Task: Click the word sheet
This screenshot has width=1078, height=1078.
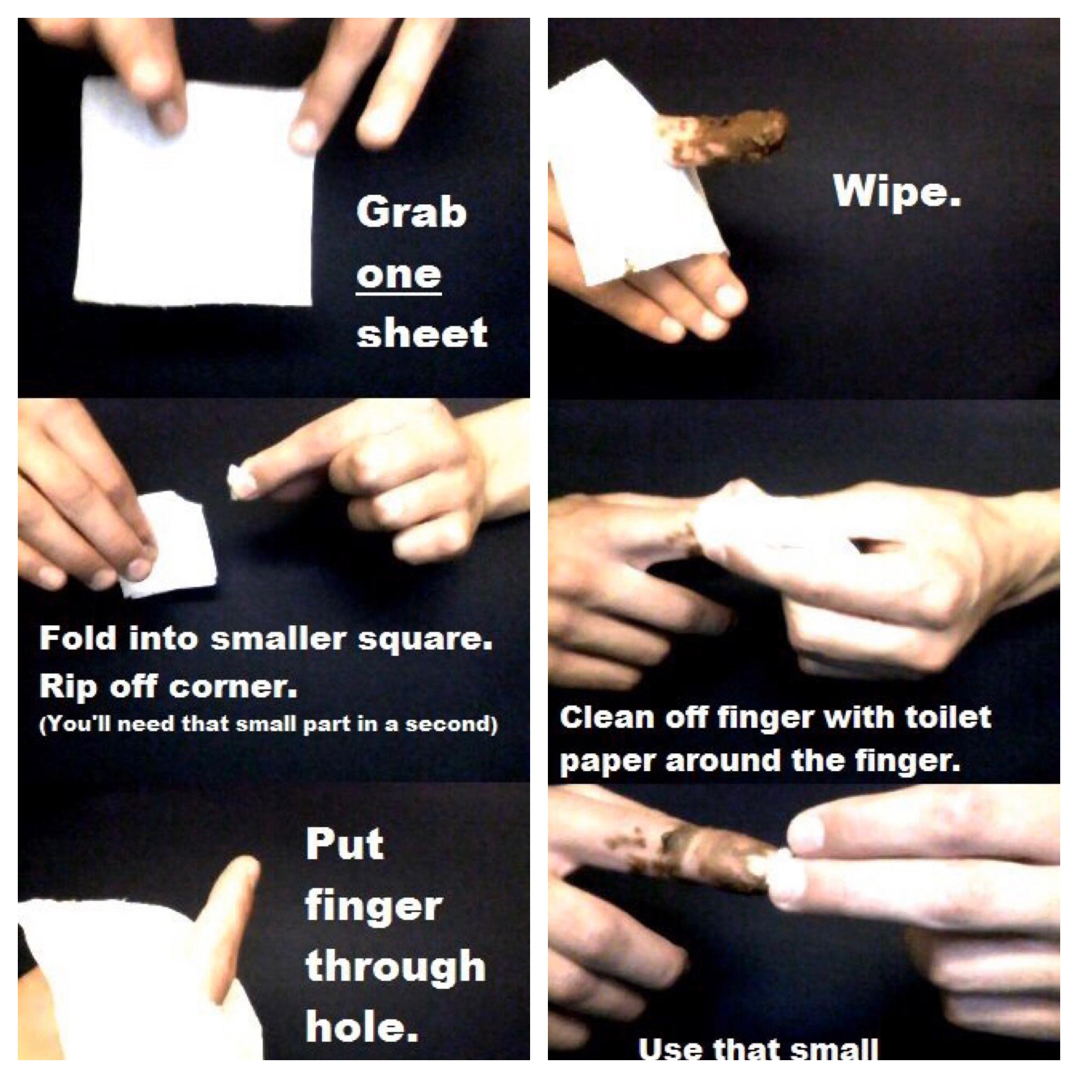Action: pos(422,334)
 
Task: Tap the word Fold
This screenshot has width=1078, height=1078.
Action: pos(79,638)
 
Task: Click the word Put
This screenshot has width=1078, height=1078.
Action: pos(345,844)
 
